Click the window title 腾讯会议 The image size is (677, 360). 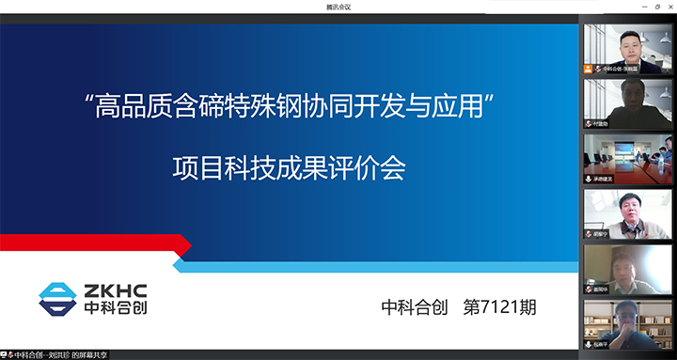[338, 6]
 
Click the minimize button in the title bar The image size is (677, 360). [641, 6]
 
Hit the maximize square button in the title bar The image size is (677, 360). [656, 6]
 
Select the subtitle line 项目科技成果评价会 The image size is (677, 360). [288, 168]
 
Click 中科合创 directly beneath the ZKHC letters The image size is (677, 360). [113, 308]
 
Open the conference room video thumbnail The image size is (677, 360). [626, 159]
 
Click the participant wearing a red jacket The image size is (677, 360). [626, 214]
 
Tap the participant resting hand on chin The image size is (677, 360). [626, 270]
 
